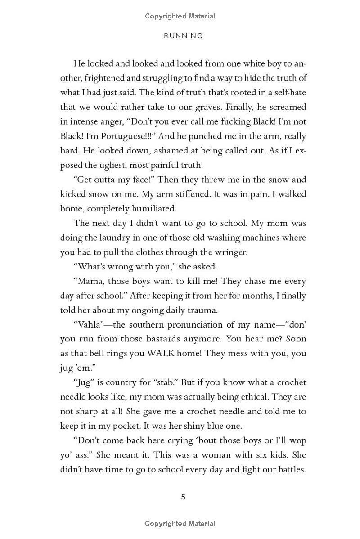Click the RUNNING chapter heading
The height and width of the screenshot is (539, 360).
(183, 36)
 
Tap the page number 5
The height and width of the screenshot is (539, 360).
(183, 497)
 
